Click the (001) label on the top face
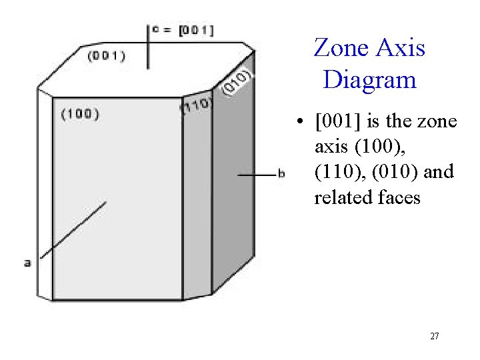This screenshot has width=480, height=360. pos(107,56)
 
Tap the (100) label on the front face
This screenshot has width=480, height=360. pos(80,114)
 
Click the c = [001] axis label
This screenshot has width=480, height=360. pos(183,30)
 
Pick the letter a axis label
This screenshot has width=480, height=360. pos(27,263)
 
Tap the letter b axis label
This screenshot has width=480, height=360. pos(281,174)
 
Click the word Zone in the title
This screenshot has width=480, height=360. pos(340,48)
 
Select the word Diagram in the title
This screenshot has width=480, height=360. pos(369,80)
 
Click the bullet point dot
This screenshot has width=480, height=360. pos(301,123)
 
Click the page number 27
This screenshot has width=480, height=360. pos(434,337)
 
